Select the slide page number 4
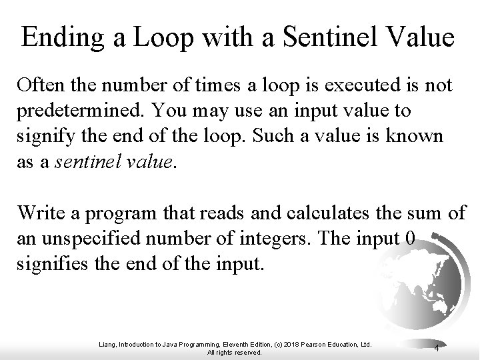pyautogui.click(x=436, y=348)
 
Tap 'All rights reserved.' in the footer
pyautogui.click(x=235, y=352)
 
